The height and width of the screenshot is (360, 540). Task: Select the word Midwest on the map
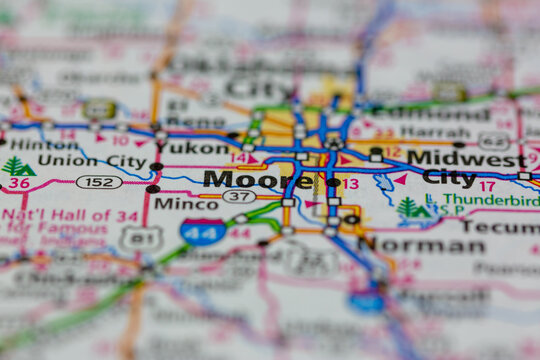pos(466,158)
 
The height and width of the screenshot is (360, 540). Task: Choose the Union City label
pos(105,161)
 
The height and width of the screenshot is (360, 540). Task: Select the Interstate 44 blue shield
pos(203,232)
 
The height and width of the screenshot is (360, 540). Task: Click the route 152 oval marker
pos(99,182)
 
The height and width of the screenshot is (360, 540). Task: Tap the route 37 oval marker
pos(238,197)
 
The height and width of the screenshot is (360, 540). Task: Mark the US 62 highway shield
pos(493,141)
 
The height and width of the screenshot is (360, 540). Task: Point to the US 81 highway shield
pos(140,238)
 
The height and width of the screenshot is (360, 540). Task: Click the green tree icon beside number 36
pos(17,166)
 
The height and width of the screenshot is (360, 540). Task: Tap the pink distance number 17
pos(487,186)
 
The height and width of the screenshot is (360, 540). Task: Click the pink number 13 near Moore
pos(350,184)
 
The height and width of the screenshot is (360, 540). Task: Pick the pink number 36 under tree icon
pos(18,183)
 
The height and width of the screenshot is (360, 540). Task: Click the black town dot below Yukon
pos(156,166)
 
